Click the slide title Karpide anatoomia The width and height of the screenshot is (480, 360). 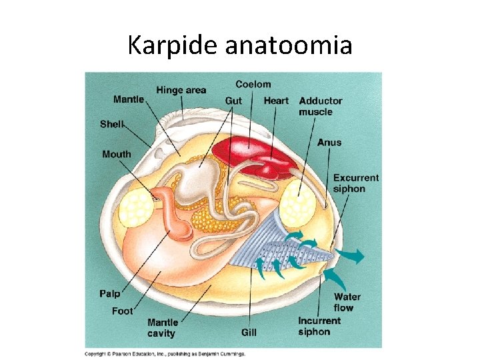(x=240, y=45)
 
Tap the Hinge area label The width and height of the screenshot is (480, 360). (x=181, y=90)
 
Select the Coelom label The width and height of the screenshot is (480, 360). (x=253, y=84)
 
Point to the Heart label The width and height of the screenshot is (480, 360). (x=276, y=101)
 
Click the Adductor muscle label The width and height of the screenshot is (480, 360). (x=321, y=106)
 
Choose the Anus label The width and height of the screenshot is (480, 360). (x=329, y=142)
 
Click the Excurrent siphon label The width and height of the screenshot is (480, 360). (x=355, y=183)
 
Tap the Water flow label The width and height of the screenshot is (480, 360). (x=347, y=302)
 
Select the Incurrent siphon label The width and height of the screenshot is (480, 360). (x=319, y=326)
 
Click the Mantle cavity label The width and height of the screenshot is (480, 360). (x=162, y=327)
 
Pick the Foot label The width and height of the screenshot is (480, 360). (x=123, y=311)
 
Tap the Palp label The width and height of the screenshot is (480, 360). (x=110, y=293)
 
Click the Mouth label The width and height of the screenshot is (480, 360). (x=117, y=154)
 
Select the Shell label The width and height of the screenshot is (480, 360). (x=111, y=123)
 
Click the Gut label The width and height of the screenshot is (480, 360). (x=233, y=101)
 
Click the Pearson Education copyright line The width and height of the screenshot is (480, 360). (x=165, y=353)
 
